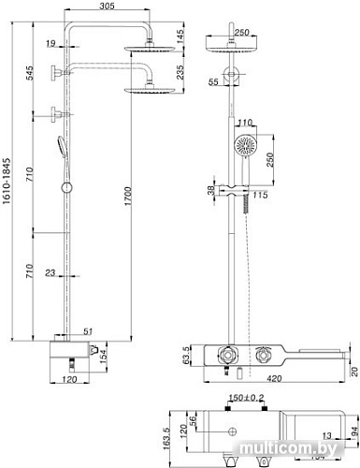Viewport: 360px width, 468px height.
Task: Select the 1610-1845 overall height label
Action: click(x=8, y=186)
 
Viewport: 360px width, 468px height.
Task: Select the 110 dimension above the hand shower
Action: click(x=246, y=123)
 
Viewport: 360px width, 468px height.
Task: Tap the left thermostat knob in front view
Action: click(x=224, y=357)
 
